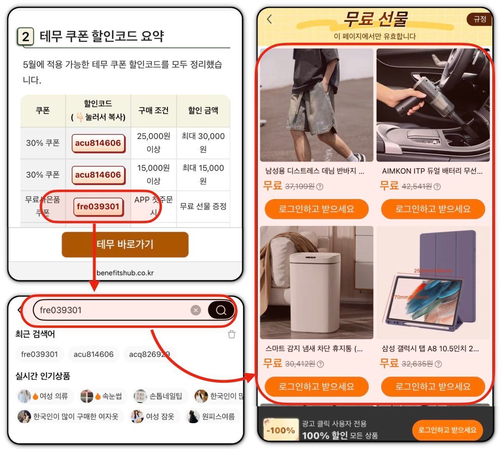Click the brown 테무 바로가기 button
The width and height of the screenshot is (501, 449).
pyautogui.click(x=125, y=245)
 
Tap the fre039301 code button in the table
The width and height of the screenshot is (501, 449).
pyautogui.click(x=98, y=207)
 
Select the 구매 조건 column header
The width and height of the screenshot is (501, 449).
pyautogui.click(x=153, y=111)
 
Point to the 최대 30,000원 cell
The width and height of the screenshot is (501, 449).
pyautogui.click(x=203, y=142)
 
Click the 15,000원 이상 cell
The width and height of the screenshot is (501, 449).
pyautogui.click(x=153, y=174)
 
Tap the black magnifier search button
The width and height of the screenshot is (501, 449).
pyautogui.click(x=221, y=310)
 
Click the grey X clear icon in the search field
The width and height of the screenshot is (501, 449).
pyautogui.click(x=195, y=310)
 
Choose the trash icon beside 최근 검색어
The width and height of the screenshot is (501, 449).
pyautogui.click(x=232, y=334)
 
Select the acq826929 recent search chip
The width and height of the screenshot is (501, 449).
pyautogui.click(x=149, y=354)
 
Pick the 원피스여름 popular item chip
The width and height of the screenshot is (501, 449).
pyautogui.click(x=212, y=416)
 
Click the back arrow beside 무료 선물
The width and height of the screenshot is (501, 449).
pyautogui.click(x=270, y=19)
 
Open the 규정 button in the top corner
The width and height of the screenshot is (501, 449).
pyautogui.click(x=480, y=19)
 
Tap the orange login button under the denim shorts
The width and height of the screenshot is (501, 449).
pyautogui.click(x=316, y=209)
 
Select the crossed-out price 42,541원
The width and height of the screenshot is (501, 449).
pyautogui.click(x=416, y=187)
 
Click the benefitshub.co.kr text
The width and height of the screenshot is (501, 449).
pyautogui.click(x=125, y=273)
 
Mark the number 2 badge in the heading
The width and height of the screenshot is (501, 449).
pyautogui.click(x=25, y=37)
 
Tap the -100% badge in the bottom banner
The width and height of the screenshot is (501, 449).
pyautogui.click(x=281, y=430)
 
